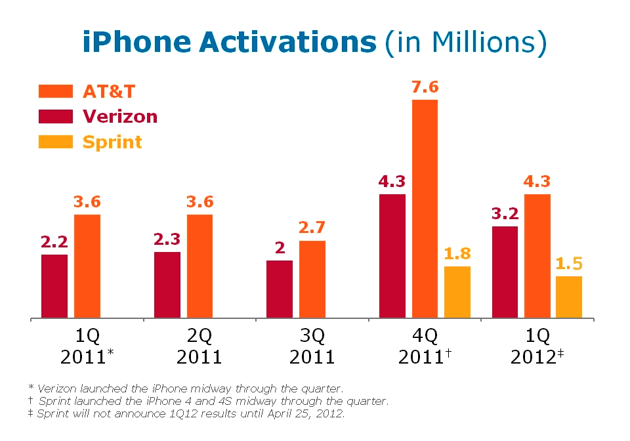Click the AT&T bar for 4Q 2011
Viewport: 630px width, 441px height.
point(425,209)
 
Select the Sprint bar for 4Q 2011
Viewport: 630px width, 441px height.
point(457,292)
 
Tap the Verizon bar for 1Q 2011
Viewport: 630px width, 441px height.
point(54,286)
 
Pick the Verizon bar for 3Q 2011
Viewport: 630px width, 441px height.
point(280,289)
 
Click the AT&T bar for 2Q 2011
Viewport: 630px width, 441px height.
point(199,266)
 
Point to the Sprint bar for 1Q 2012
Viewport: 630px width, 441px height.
point(569,297)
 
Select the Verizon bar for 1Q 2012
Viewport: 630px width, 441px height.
point(505,272)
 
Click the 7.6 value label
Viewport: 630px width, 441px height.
point(425,88)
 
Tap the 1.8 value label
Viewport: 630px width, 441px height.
point(457,254)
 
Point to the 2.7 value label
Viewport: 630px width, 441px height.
point(312,228)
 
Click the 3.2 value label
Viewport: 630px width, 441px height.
point(505,214)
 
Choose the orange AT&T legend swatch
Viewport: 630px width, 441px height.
point(55,91)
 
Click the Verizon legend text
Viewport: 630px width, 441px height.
point(120,117)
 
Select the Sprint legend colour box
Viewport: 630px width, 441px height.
point(55,141)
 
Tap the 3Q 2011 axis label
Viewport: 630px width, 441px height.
point(312,346)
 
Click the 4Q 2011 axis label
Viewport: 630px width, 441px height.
point(424,346)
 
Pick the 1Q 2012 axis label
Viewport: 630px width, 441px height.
point(536,346)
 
